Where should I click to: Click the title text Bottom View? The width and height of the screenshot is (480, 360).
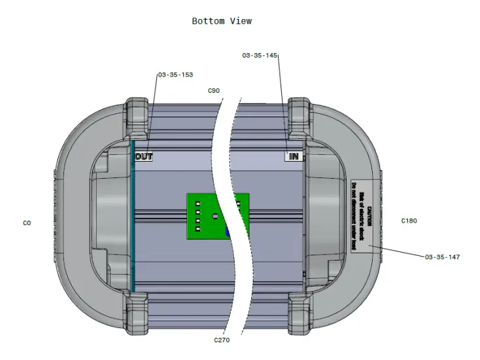pyautogui.click(x=222, y=21)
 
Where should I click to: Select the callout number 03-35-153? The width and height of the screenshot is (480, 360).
pyautogui.click(x=175, y=75)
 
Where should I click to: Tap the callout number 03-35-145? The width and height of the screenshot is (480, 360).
pyautogui.click(x=260, y=56)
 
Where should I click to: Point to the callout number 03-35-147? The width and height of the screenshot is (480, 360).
pyautogui.click(x=442, y=257)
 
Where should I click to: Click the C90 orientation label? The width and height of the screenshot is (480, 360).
pyautogui.click(x=213, y=90)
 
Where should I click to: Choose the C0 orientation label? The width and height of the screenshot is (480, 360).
pyautogui.click(x=27, y=223)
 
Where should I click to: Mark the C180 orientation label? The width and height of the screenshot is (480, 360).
pyautogui.click(x=409, y=221)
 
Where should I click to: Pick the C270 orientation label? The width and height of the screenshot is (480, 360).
pyautogui.click(x=222, y=340)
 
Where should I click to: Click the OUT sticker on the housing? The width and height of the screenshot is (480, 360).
pyautogui.click(x=144, y=157)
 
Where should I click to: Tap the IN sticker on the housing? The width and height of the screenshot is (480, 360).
pyautogui.click(x=294, y=157)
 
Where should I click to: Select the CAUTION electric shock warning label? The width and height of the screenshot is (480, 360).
pyautogui.click(x=362, y=216)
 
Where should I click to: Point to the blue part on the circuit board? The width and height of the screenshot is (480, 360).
pyautogui.click(x=228, y=232)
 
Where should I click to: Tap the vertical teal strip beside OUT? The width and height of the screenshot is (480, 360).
pyautogui.click(x=132, y=216)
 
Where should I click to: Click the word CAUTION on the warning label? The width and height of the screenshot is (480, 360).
pyautogui.click(x=369, y=216)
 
